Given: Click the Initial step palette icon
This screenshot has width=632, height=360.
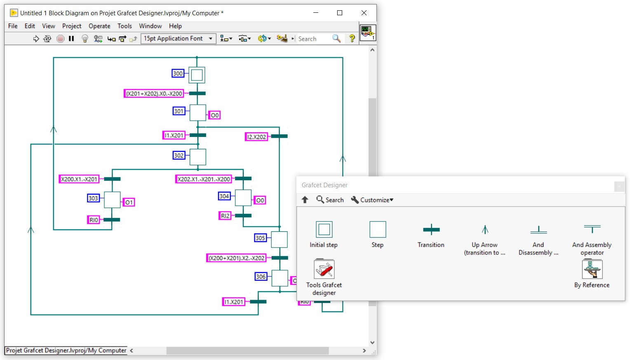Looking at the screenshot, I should [324, 230].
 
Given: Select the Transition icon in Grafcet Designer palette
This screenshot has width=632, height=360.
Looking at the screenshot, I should [431, 230].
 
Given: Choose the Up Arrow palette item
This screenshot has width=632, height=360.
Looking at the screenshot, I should [485, 230].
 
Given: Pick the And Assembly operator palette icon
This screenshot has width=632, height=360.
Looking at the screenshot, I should [592, 229].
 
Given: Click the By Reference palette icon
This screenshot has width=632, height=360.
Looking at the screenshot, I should [592, 270].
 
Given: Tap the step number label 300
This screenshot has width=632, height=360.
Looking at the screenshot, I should [178, 73].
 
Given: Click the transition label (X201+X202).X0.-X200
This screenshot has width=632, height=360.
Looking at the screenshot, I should [154, 94].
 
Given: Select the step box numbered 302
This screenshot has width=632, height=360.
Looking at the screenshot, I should [198, 157].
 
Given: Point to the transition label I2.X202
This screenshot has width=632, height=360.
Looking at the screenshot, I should [256, 137].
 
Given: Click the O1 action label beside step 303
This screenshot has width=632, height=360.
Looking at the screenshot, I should [129, 202].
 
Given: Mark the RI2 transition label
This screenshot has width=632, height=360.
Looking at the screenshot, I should [225, 216].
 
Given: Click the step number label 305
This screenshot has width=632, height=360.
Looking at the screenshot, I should [260, 238].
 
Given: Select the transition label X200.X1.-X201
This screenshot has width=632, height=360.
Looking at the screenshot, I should [79, 179].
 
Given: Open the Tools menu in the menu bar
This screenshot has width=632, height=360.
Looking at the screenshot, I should [125, 26].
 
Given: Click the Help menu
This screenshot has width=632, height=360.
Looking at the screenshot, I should [175, 26].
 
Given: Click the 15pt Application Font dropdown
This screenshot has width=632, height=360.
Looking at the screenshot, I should [178, 39].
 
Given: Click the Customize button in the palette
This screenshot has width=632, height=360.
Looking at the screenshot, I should [372, 200].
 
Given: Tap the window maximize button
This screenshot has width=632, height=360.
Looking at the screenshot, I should [340, 13].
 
